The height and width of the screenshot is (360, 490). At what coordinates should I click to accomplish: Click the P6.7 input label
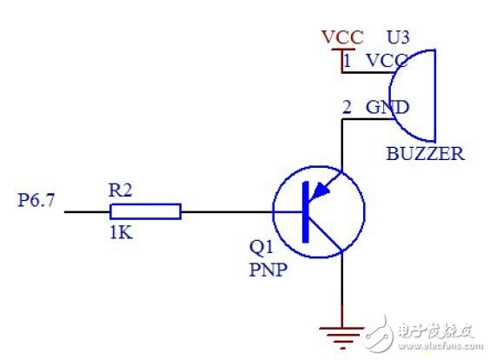[36, 200]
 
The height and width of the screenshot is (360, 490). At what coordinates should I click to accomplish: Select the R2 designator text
[120, 190]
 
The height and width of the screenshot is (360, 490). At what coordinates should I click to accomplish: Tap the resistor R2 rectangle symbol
[145, 211]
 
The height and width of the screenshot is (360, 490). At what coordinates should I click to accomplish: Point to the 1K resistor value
[122, 233]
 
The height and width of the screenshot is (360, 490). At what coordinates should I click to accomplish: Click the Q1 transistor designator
[262, 248]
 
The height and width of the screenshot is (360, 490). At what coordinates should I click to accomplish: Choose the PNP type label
[268, 270]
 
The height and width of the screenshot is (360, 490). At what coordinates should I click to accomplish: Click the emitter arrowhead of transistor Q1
[320, 190]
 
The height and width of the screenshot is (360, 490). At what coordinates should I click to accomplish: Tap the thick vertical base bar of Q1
[306, 212]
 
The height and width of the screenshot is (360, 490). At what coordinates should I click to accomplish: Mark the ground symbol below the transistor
[342, 337]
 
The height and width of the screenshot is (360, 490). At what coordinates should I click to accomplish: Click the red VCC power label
[343, 37]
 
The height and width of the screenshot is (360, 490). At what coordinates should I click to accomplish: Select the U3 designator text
[398, 37]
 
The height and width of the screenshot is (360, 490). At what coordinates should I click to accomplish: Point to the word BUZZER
[426, 154]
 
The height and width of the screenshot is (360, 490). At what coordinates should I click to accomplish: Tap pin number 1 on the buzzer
[348, 60]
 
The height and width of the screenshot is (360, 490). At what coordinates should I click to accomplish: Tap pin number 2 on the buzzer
[347, 107]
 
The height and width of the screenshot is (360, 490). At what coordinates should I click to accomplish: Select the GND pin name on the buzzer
[387, 107]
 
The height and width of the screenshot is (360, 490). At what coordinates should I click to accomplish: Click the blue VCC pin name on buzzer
[387, 61]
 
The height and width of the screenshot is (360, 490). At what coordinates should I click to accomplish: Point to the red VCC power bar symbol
[343, 50]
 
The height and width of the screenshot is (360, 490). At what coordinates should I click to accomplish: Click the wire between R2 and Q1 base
[227, 212]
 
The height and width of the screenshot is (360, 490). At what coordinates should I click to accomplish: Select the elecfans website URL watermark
[440, 346]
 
